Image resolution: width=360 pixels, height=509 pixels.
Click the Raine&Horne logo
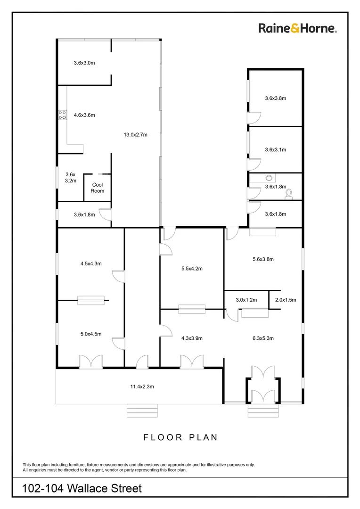pyautogui.click(x=297, y=28)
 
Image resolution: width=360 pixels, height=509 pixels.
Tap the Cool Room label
pyautogui.click(x=98, y=188)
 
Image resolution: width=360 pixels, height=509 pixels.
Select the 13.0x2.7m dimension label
pyautogui.click(x=136, y=135)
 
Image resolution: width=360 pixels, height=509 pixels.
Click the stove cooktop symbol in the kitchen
pyautogui.click(x=62, y=115)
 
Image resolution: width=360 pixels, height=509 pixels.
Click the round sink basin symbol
pyautogui.click(x=270, y=178)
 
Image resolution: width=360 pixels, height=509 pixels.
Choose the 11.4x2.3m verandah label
pyautogui.click(x=142, y=386)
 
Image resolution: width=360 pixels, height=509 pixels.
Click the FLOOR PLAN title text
pyautogui.click(x=180, y=437)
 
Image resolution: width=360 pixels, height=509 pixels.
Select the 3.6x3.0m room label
pyautogui.click(x=84, y=62)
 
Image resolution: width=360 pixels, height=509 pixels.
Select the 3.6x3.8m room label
pyautogui.click(x=276, y=99)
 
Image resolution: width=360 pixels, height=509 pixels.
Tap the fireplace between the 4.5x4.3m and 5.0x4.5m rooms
pyautogui.click(x=91, y=300)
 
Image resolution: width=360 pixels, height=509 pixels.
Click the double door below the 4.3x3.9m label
pyautogui.click(x=192, y=361)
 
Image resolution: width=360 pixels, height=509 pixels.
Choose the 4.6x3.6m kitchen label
pyautogui.click(x=84, y=115)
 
